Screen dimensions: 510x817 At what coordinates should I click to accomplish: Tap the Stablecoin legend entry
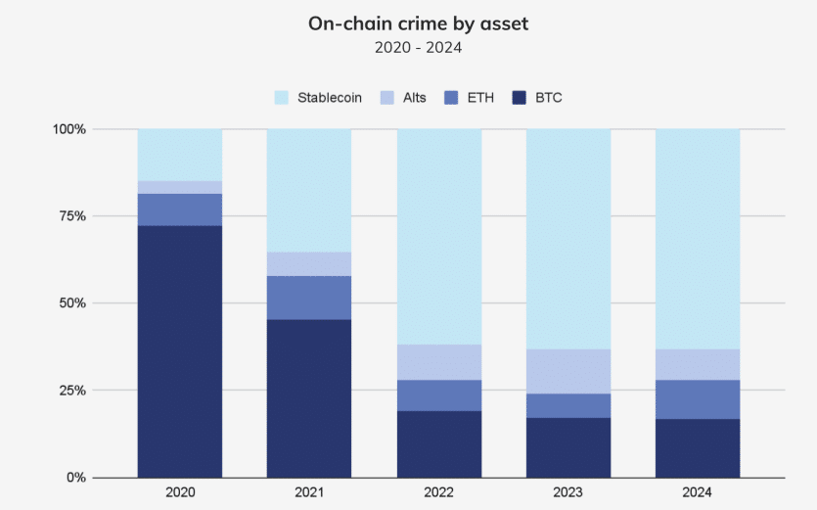point(319,97)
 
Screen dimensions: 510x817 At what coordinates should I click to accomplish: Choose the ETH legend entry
point(471,97)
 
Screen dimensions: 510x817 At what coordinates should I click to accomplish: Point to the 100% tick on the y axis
point(68,129)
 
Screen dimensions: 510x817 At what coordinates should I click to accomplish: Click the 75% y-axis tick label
point(72,216)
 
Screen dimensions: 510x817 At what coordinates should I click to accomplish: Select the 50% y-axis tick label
point(72,303)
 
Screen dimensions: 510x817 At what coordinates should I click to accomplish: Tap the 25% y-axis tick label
point(72,391)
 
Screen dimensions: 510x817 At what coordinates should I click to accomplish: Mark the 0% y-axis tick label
point(75,478)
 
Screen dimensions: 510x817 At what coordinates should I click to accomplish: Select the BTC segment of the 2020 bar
point(180,352)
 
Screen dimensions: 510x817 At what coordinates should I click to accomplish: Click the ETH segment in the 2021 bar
point(309,298)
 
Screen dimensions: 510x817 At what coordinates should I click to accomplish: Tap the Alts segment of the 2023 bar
point(568,371)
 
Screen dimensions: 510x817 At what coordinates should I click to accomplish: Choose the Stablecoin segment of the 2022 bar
point(439,236)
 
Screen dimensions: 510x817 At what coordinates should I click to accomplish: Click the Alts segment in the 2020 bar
point(180,187)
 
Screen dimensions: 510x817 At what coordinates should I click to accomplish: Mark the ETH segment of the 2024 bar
point(698,398)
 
